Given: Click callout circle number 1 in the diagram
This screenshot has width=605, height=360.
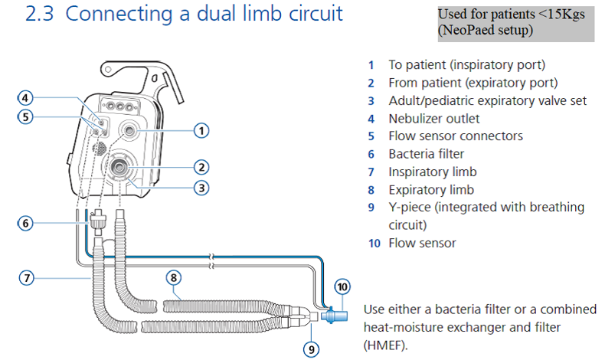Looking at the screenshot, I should pyautogui.click(x=201, y=130).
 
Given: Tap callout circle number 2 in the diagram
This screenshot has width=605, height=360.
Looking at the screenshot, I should pyautogui.click(x=201, y=166).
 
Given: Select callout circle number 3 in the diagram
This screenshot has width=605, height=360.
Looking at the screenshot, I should pyautogui.click(x=201, y=187).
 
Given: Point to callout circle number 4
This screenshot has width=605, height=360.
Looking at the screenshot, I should pyautogui.click(x=26, y=98).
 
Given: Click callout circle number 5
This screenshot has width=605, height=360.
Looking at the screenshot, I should pyautogui.click(x=26, y=118).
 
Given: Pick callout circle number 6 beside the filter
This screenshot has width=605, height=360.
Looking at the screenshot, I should pyautogui.click(x=26, y=223).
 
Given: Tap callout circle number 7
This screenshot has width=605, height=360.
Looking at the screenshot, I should pyautogui.click(x=26, y=279).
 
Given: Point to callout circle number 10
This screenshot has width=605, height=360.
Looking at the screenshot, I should pyautogui.click(x=342, y=287).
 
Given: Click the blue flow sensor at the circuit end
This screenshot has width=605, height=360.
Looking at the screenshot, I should pyautogui.click(x=334, y=316).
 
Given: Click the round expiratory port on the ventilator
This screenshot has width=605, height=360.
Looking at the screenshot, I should pyautogui.click(x=120, y=165).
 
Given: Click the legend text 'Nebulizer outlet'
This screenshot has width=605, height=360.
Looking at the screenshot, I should pyautogui.click(x=433, y=118).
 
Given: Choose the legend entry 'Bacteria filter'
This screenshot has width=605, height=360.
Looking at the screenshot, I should pyautogui.click(x=427, y=154).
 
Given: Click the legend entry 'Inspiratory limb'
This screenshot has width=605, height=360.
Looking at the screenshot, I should pyautogui.click(x=432, y=172).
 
